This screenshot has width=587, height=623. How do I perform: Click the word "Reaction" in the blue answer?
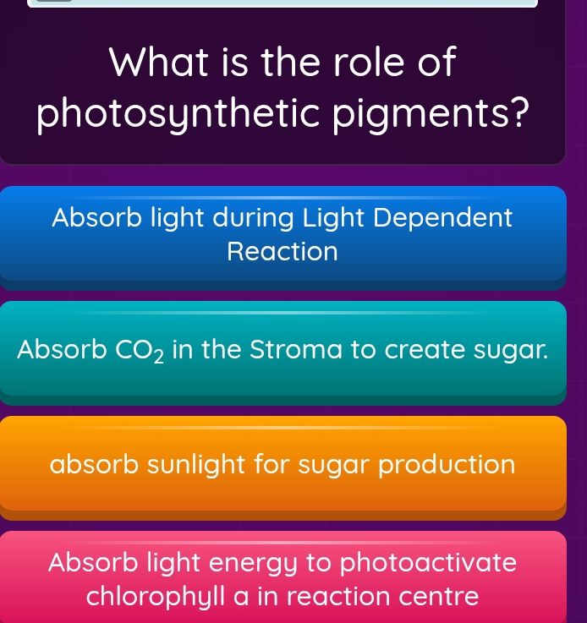pyautogui.click(x=283, y=252)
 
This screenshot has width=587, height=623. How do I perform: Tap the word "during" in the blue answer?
pyautogui.click(x=245, y=218)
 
